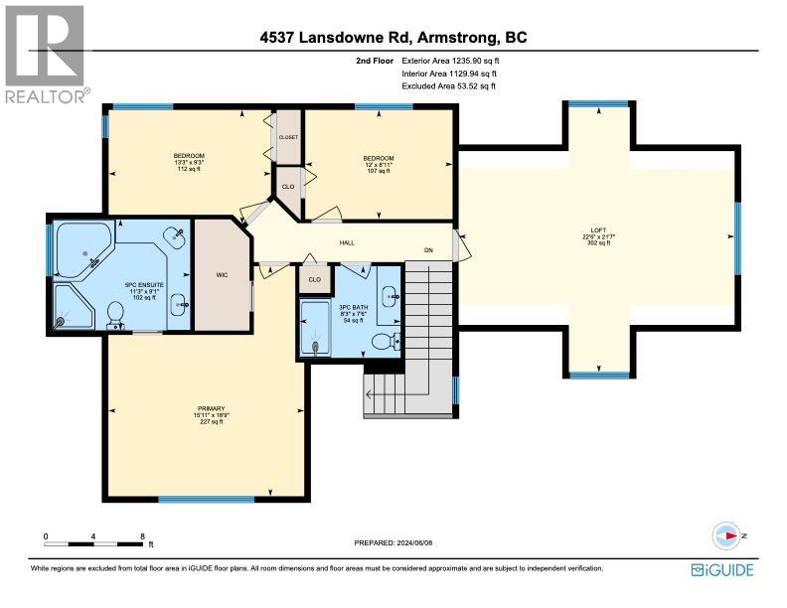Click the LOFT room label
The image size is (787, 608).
click(x=599, y=236)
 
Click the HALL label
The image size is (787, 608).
click(x=347, y=241)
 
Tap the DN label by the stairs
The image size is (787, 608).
click(x=429, y=249)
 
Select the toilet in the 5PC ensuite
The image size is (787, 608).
click(x=114, y=314)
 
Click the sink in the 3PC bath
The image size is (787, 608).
click(x=392, y=295)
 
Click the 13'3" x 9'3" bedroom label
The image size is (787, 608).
click(x=189, y=162)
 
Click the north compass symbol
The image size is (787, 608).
click(x=732, y=535)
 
